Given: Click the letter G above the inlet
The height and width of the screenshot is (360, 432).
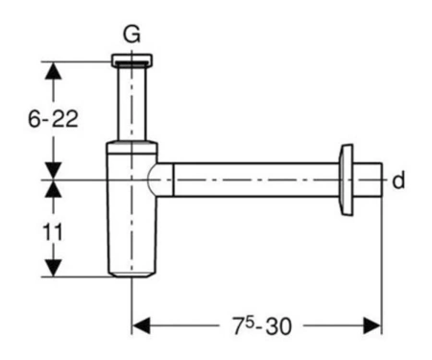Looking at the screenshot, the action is [x=132, y=35].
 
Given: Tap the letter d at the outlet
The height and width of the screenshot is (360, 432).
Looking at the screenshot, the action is [x=398, y=180].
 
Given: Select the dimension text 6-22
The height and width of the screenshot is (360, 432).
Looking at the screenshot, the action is [x=53, y=119].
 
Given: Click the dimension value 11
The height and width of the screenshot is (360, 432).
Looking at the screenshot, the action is [x=53, y=232].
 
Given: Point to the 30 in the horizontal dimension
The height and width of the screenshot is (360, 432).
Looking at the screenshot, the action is [x=278, y=326].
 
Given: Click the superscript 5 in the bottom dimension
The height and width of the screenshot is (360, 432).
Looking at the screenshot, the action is [x=250, y=323].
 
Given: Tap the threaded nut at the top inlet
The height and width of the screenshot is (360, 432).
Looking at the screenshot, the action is [x=132, y=60].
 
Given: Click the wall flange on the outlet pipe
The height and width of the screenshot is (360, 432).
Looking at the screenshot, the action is [x=347, y=180].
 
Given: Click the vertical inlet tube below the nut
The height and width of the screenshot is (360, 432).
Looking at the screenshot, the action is [x=132, y=104].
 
